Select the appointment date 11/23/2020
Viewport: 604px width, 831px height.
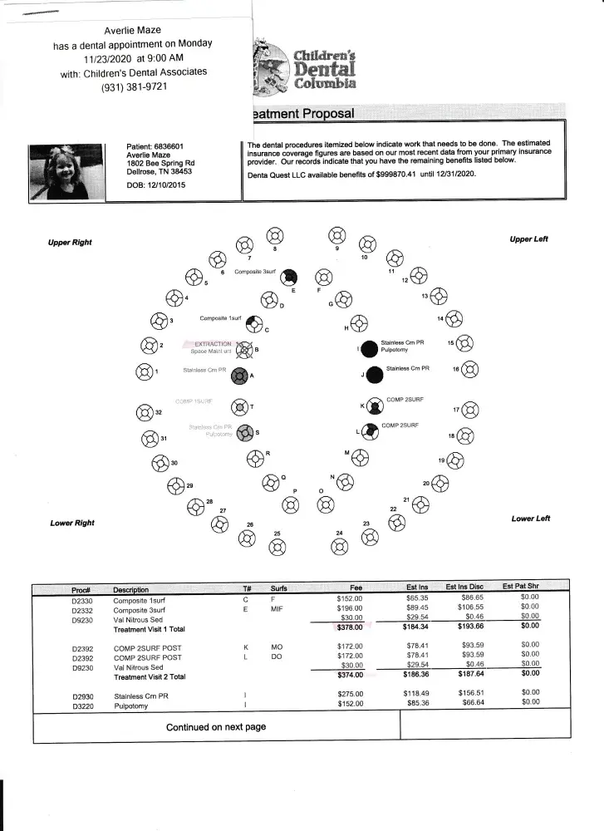coord(109,59)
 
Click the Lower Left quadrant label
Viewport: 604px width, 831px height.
coord(531,519)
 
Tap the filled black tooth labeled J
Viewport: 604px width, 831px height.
coord(374,375)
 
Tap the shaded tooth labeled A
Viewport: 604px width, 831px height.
coord(239,376)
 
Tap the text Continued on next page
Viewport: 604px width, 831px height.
coord(216,726)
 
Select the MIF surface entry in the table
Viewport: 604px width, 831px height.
coord(277,607)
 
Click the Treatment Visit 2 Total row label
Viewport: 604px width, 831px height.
coord(150,676)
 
